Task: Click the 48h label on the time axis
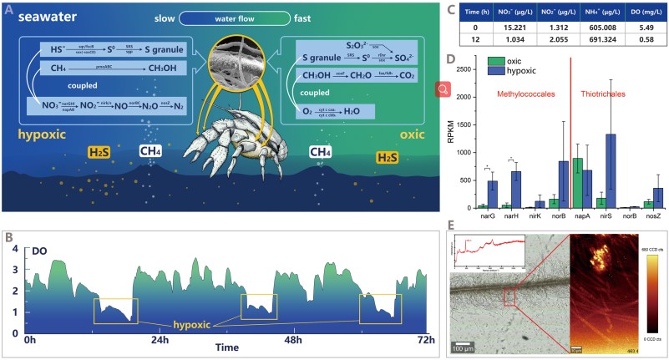tap(293, 341)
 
